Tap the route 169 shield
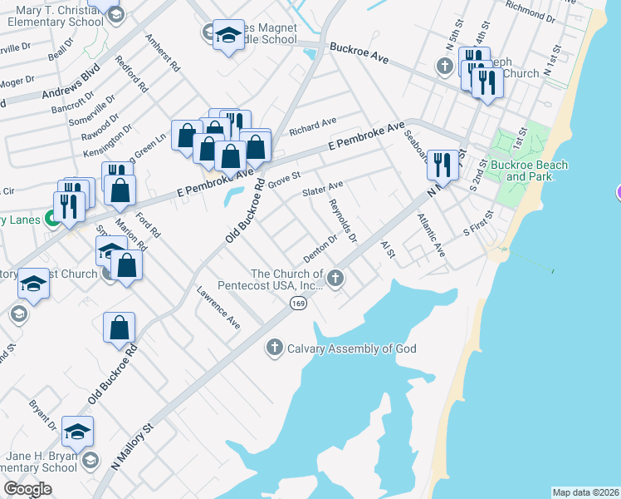coord(296,304)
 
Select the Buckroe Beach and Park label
coord(529,170)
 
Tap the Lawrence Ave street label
coord(218,309)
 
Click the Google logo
coord(27,489)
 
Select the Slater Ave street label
coord(322,190)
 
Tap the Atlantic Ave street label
coord(431,235)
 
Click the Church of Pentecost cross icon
coord(335,278)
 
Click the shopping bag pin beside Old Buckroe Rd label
coord(120,328)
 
